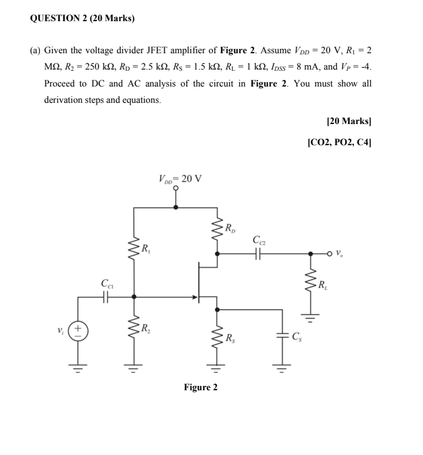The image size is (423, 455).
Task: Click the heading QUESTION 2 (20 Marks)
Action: (x=82, y=18)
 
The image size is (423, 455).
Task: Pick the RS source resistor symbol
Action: (x=216, y=336)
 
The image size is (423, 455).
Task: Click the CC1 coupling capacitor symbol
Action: (x=107, y=296)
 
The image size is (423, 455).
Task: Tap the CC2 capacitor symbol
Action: (x=258, y=255)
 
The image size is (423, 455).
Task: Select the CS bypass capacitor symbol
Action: (x=282, y=336)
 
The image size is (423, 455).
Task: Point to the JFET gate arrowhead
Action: (x=196, y=297)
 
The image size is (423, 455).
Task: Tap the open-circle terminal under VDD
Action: (x=176, y=188)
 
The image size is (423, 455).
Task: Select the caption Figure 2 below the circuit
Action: (x=200, y=387)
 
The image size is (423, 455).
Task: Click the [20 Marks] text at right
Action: (x=349, y=122)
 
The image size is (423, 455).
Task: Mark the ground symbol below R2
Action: (x=134, y=364)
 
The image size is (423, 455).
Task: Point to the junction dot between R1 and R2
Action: (x=134, y=297)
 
